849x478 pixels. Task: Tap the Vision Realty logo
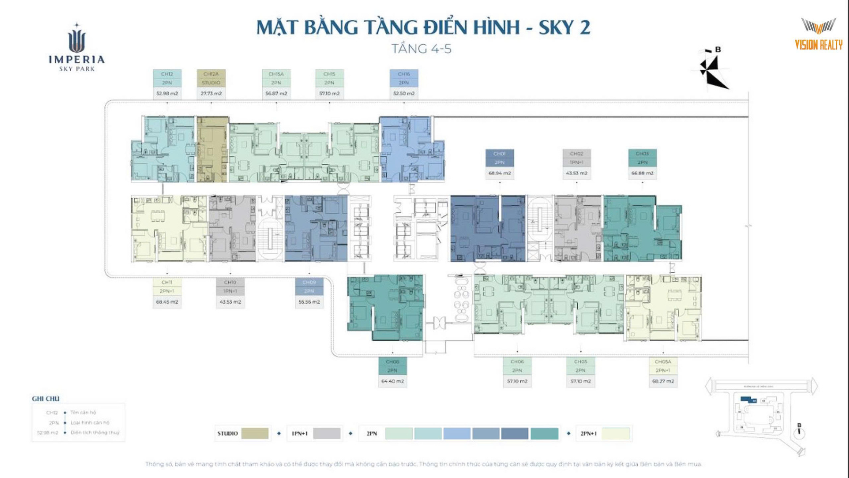818,34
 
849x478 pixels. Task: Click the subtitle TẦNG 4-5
421,49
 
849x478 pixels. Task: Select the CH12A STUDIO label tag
211,78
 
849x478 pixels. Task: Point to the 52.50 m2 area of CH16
404,93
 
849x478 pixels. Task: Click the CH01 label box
499,158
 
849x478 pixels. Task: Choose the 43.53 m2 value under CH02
576,173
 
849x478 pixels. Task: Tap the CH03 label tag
642,158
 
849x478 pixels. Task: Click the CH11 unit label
166,282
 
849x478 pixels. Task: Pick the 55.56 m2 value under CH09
309,302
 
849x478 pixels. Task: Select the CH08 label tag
392,366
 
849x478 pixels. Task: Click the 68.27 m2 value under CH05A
663,381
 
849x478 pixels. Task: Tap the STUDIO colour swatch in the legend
255,433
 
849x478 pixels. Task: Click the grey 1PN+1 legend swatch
326,433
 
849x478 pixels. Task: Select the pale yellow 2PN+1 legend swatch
616,433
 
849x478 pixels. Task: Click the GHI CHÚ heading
46,399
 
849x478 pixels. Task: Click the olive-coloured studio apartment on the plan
212,149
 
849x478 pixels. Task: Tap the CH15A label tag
276,78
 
